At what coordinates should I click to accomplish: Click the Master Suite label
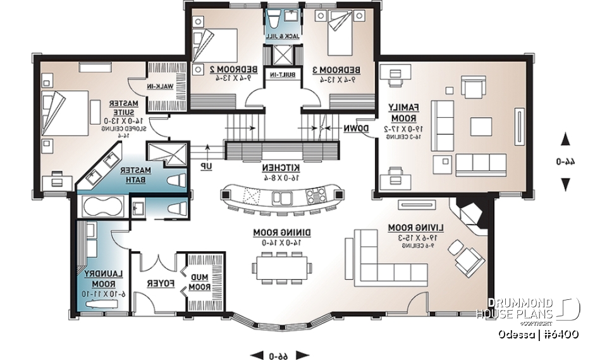click(x=119, y=108)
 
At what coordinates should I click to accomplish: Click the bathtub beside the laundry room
click(x=102, y=207)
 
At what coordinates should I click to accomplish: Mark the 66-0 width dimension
click(x=279, y=354)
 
